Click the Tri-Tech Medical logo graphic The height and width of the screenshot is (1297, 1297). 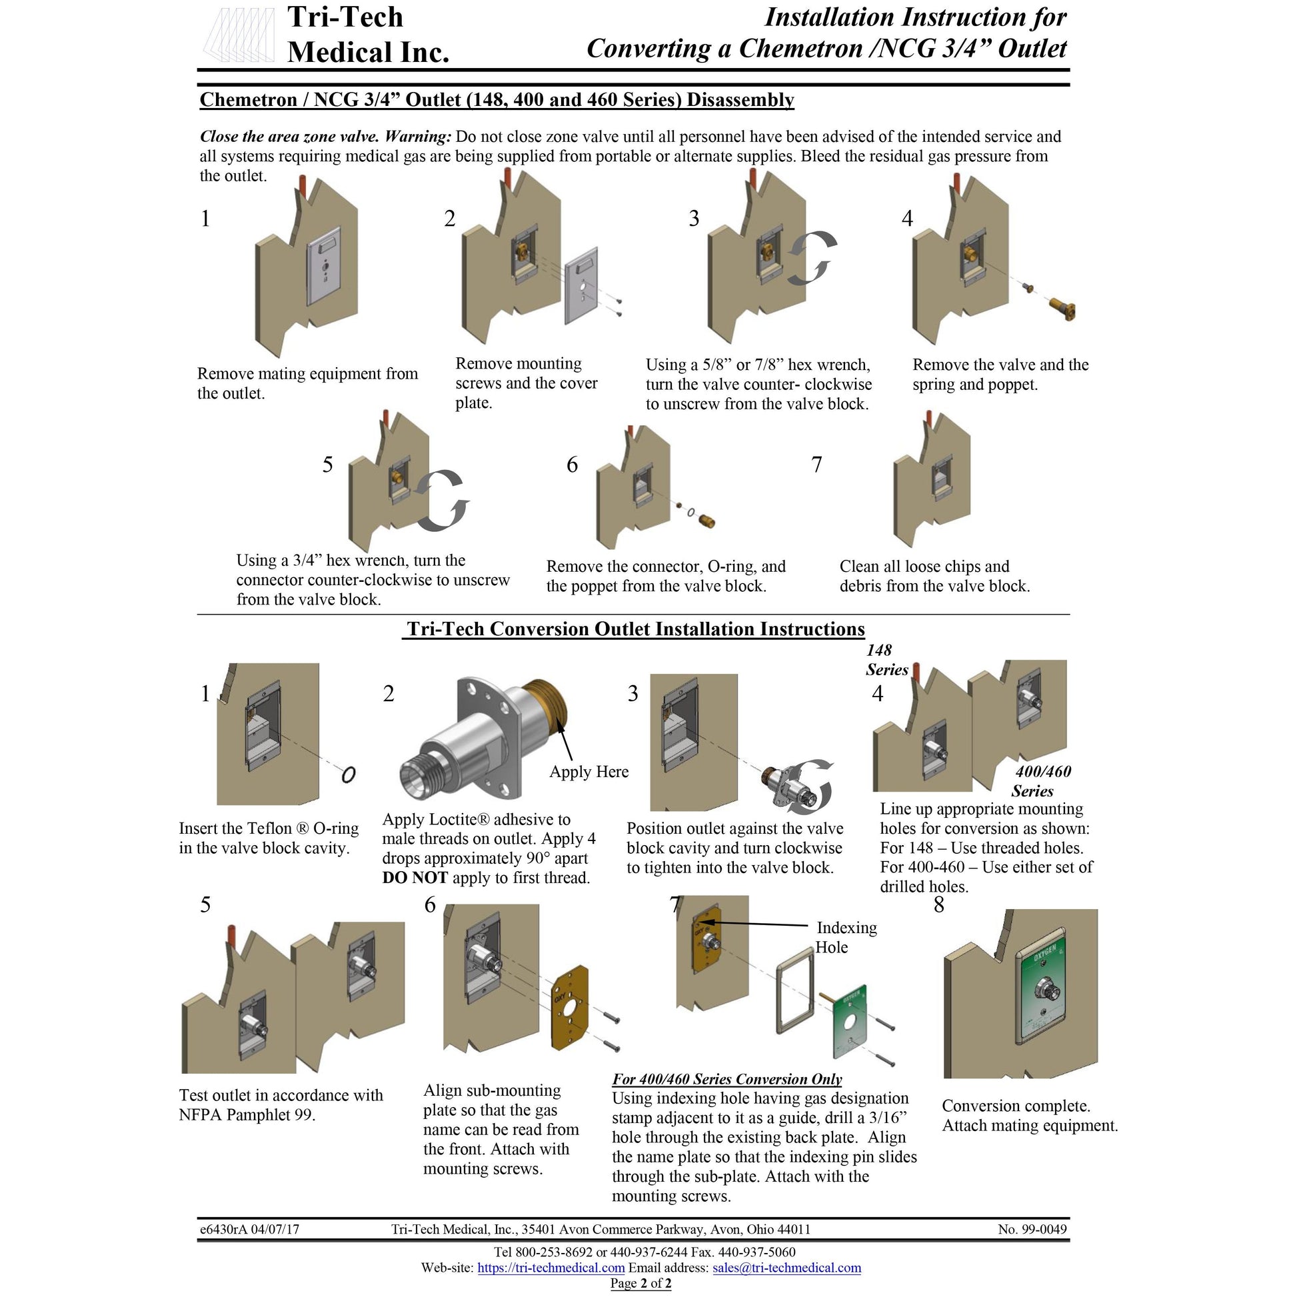[239, 35]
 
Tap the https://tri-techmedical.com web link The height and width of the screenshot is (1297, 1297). [551, 1268]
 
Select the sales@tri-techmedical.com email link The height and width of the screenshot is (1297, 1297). [786, 1268]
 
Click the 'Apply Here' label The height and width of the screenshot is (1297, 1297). [589, 771]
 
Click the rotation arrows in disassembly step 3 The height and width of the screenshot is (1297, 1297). [812, 257]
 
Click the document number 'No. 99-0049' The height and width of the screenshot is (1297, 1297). [1032, 1229]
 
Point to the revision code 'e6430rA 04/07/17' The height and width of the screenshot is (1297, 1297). [250, 1229]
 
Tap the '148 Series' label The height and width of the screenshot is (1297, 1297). [886, 659]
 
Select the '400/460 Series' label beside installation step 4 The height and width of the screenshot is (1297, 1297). [1042, 780]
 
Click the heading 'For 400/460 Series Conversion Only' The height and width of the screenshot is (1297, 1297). [726, 1079]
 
